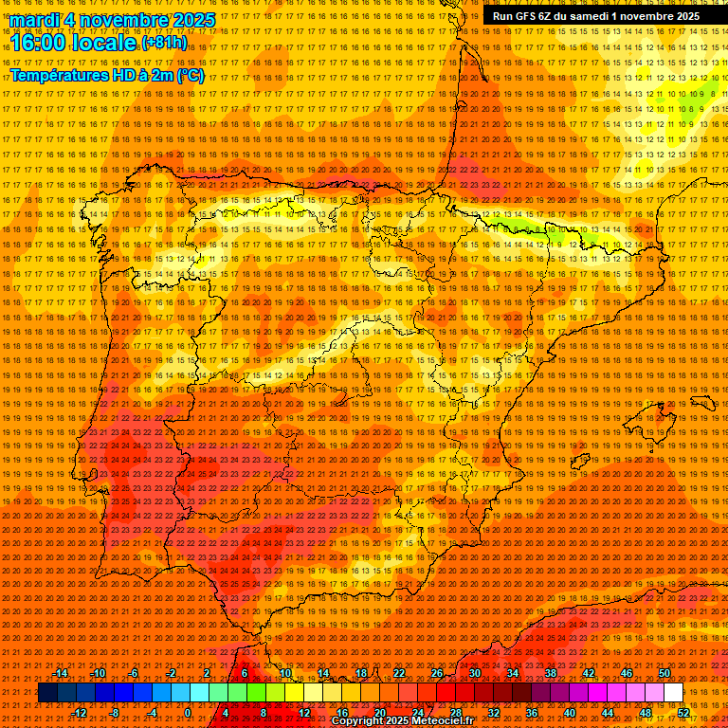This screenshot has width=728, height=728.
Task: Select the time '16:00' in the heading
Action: [39, 44]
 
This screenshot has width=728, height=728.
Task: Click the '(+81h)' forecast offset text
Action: [164, 44]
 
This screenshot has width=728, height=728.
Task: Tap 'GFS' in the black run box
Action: [528, 16]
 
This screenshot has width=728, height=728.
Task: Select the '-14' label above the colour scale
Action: [61, 673]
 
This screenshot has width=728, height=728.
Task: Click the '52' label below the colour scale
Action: [683, 713]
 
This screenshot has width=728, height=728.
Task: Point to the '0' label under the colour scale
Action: [189, 713]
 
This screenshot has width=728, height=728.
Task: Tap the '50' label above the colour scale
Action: [664, 673]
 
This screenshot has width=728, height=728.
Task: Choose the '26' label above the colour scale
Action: [437, 673]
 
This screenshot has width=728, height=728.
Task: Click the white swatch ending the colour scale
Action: [673, 693]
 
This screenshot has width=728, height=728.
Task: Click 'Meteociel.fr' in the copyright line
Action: [441, 721]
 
